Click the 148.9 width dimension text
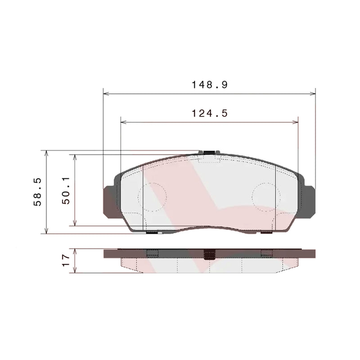(210, 84)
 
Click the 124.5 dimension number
(210, 113)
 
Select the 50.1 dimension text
(66, 191)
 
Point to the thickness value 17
(66, 261)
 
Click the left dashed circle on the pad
(152, 197)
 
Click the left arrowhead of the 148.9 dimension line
(106, 94)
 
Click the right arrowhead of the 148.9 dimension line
(313, 94)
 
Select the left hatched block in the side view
(153, 253)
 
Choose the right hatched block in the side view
(266, 253)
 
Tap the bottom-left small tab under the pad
(153, 233)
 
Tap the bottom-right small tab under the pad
(266, 233)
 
